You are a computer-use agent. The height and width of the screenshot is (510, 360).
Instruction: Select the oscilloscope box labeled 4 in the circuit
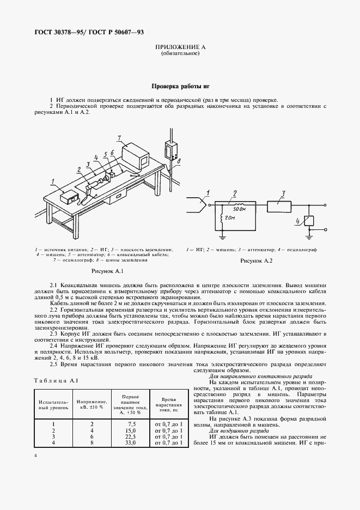tap(309, 222)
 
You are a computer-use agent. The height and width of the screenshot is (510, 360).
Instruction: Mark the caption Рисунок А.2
tap(256, 261)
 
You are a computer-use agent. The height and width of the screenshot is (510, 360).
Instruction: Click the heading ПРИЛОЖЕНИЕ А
tap(180, 48)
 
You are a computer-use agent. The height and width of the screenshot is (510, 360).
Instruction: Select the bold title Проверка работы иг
tap(180, 87)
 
